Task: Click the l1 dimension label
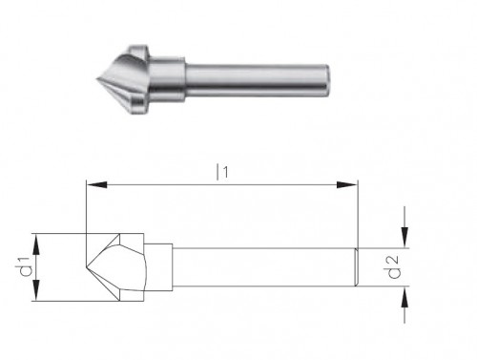pyautogui.click(x=222, y=172)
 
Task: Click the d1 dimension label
pyautogui.click(x=26, y=266)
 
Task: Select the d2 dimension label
pyautogui.click(x=393, y=267)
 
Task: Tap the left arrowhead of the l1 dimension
pyautogui.click(x=96, y=184)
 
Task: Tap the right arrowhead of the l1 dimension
pyautogui.click(x=347, y=184)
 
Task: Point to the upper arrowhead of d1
pyautogui.click(x=36, y=244)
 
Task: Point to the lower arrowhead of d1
pyautogui.click(x=36, y=290)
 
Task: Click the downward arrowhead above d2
pyautogui.click(x=404, y=237)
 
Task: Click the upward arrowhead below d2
pyautogui.click(x=404, y=297)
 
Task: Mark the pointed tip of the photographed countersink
pyautogui.click(x=96, y=78)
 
